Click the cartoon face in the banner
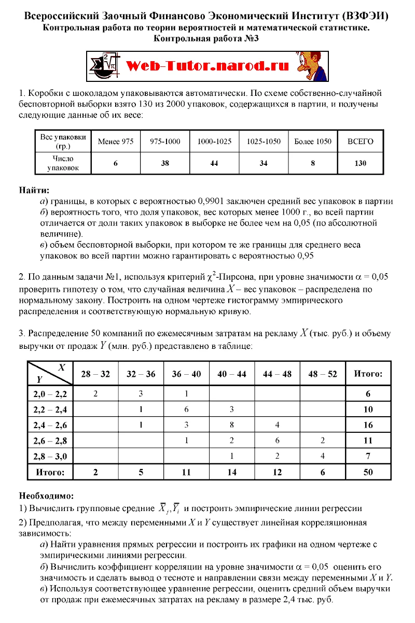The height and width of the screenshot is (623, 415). (x=311, y=66)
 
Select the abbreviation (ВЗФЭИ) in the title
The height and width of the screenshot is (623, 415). (x=366, y=17)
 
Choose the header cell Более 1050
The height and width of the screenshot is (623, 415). (x=312, y=141)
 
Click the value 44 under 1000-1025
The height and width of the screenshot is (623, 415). (x=214, y=163)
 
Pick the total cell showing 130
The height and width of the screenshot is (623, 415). (x=360, y=163)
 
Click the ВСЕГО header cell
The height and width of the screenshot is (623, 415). (x=360, y=141)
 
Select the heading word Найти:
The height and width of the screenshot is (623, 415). (x=34, y=190)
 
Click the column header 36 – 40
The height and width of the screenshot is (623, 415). (x=186, y=374)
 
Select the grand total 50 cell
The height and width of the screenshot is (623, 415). (x=368, y=472)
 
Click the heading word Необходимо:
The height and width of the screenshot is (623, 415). (x=46, y=496)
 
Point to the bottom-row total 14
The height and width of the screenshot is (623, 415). (x=231, y=472)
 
